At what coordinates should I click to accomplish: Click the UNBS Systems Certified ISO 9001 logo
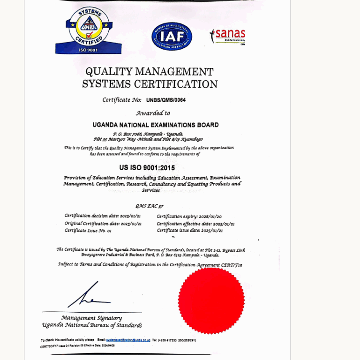pyautogui.click(x=89, y=30)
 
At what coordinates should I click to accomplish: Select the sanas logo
pyautogui.click(x=228, y=36)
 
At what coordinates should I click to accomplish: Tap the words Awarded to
pyautogui.click(x=153, y=113)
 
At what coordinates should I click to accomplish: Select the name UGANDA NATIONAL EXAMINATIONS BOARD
pyautogui.click(x=156, y=125)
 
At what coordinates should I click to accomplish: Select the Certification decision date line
pyautogui.click(x=103, y=216)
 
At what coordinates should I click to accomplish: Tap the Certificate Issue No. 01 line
pyautogui.click(x=88, y=231)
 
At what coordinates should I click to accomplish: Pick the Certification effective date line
pyautogui.click(x=195, y=224)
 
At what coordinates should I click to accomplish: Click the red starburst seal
pyautogui.click(x=211, y=294)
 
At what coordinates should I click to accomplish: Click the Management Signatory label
pyautogui.click(x=91, y=318)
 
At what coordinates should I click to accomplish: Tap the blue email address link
pyautogui.click(x=128, y=340)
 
